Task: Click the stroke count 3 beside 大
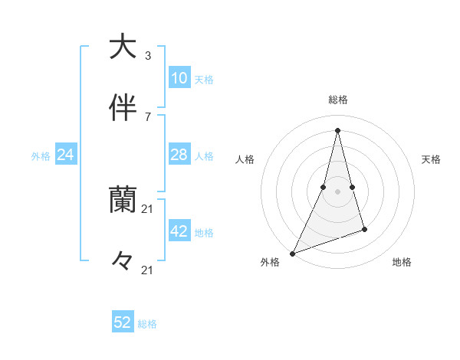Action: coord(148,55)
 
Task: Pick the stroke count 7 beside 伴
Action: coord(148,116)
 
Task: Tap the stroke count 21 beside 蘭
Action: coord(148,208)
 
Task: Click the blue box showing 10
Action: coord(179,77)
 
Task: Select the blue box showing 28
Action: coord(179,155)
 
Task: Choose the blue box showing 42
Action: coord(179,231)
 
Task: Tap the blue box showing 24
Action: coord(66,155)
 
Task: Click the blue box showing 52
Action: coord(123,322)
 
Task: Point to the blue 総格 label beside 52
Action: coord(147,324)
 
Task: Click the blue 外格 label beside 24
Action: coord(41,156)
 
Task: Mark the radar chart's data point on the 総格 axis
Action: coord(337,129)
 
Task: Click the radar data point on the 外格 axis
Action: coord(293,253)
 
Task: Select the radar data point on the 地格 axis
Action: coord(364,229)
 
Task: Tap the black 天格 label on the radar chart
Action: coord(432,159)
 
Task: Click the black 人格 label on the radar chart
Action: coord(245,159)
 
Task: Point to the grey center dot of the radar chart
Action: coord(337,191)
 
